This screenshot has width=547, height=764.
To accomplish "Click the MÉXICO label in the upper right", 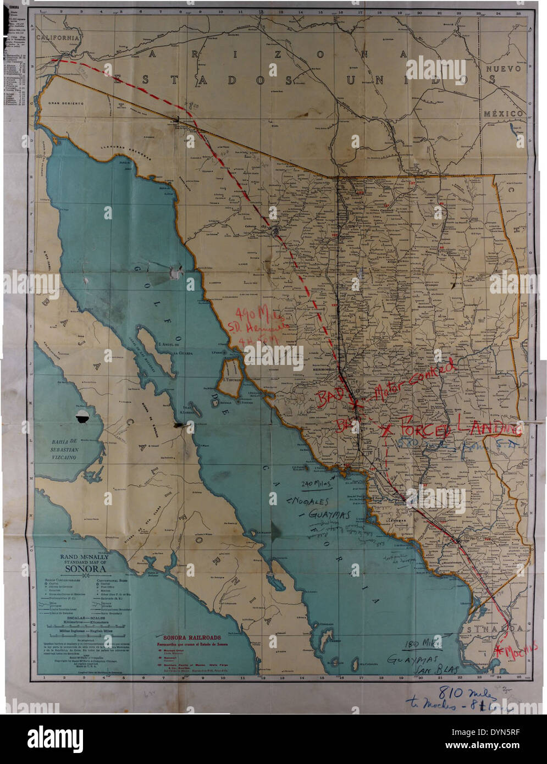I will [502, 113].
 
